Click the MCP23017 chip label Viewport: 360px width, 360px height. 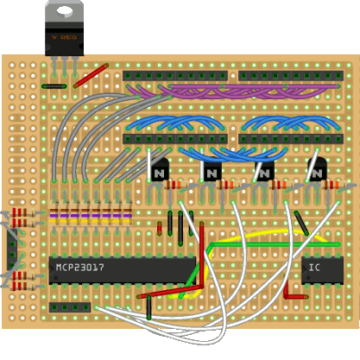tap(80, 268)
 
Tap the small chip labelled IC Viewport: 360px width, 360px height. tap(322, 270)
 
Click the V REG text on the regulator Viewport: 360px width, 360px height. tap(65, 37)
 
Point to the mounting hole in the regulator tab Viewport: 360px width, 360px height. tap(65, 11)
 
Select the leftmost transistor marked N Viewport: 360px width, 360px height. tap(159, 170)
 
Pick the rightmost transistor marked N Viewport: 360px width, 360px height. tap(317, 170)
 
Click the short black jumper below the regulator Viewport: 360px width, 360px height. tap(54, 86)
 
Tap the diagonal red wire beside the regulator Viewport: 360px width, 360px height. tap(91, 76)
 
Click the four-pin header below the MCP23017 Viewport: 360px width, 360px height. tap(70, 307)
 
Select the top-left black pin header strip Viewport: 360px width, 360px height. tap(175, 76)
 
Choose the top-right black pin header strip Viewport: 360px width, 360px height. tap(291, 76)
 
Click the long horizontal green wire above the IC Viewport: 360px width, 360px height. tap(274, 244)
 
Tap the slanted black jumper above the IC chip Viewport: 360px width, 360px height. tap(301, 224)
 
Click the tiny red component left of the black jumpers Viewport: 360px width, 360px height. tap(160, 229)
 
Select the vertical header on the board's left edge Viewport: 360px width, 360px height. tap(12, 249)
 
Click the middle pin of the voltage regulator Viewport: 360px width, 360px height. tap(65, 66)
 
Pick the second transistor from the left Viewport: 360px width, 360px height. tap(212, 170)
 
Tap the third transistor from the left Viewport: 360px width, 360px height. tap(264, 170)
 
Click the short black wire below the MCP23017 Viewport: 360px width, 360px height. tap(148, 307)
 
